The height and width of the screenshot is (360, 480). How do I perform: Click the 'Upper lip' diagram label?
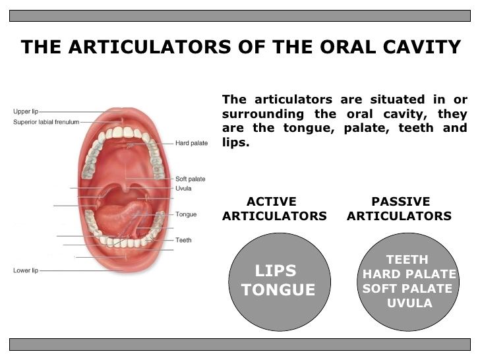(26, 112)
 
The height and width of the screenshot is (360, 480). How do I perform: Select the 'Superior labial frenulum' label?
(46, 122)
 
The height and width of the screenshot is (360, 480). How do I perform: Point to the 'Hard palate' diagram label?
(191, 142)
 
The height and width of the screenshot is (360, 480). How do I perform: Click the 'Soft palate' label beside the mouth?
(190, 179)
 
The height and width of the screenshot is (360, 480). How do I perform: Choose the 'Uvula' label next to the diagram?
(183, 189)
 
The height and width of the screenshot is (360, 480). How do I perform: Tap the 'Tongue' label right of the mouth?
(186, 214)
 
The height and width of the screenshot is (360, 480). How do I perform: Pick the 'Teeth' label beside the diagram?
(183, 240)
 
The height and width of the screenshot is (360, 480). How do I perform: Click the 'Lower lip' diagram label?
(26, 270)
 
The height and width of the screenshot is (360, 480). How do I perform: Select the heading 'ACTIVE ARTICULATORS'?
(274, 209)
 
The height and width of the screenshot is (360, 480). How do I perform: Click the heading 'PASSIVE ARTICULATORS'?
(400, 209)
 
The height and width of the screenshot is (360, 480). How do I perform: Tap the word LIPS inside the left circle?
(276, 271)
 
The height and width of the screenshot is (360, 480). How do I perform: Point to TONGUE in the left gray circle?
(278, 290)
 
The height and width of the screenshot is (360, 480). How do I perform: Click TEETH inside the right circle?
(407, 260)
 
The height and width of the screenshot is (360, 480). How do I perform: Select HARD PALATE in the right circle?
(409, 274)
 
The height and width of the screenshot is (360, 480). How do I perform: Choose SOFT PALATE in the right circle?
(407, 289)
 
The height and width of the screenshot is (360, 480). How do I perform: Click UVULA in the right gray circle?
(409, 303)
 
